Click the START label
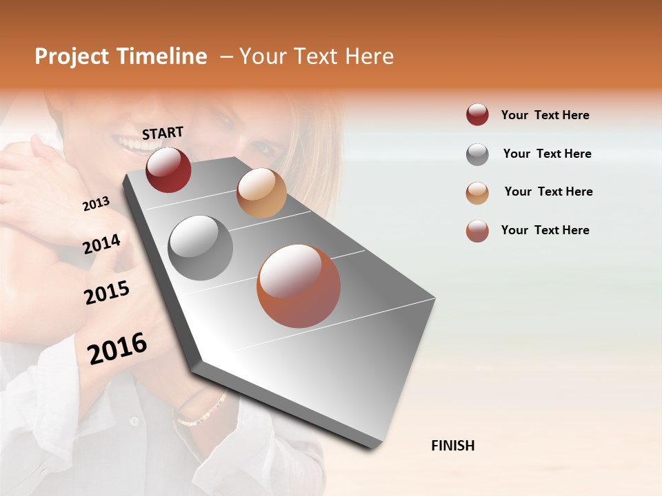pos(163,133)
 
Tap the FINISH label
pos(452,446)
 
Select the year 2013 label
pos(96,204)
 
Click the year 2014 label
pos(101,244)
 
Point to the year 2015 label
pos(107,293)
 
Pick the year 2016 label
pos(117,348)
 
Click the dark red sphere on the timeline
pos(168,169)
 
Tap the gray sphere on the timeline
pos(201,248)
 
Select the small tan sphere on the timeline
pos(261,193)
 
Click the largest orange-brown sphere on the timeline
pos(299,286)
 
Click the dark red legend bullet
pos(477,115)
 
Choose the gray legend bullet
pos(477,154)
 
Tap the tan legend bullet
pos(477,193)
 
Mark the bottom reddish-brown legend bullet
pos(477,231)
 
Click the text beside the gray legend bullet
pos(547,154)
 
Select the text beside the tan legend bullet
pos(548,192)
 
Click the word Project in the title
pos(72,56)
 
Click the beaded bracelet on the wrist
pos(201,411)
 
